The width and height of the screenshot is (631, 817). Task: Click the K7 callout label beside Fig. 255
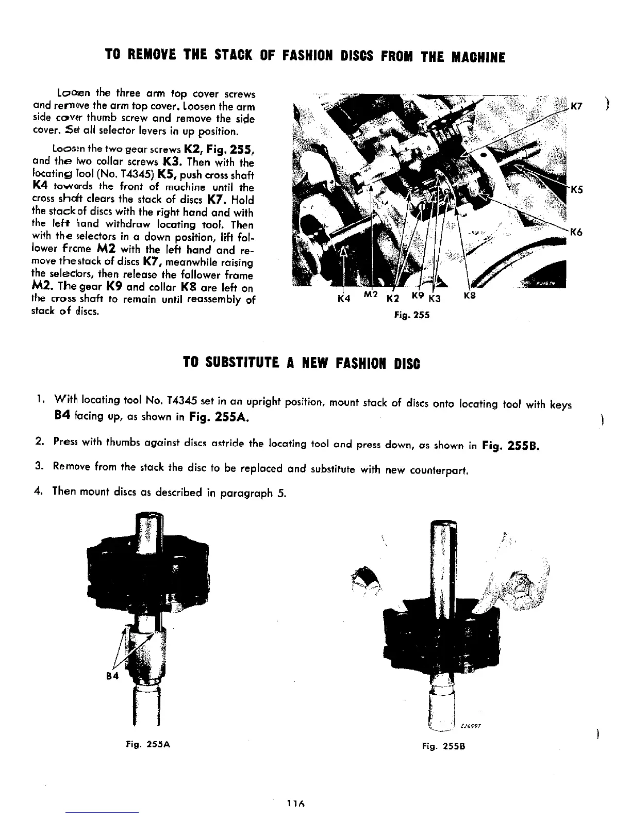point(576,107)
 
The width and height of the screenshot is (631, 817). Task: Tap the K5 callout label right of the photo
point(576,189)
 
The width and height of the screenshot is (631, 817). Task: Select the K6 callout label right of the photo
point(576,233)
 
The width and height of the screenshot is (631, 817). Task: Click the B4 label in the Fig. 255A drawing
point(112,676)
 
